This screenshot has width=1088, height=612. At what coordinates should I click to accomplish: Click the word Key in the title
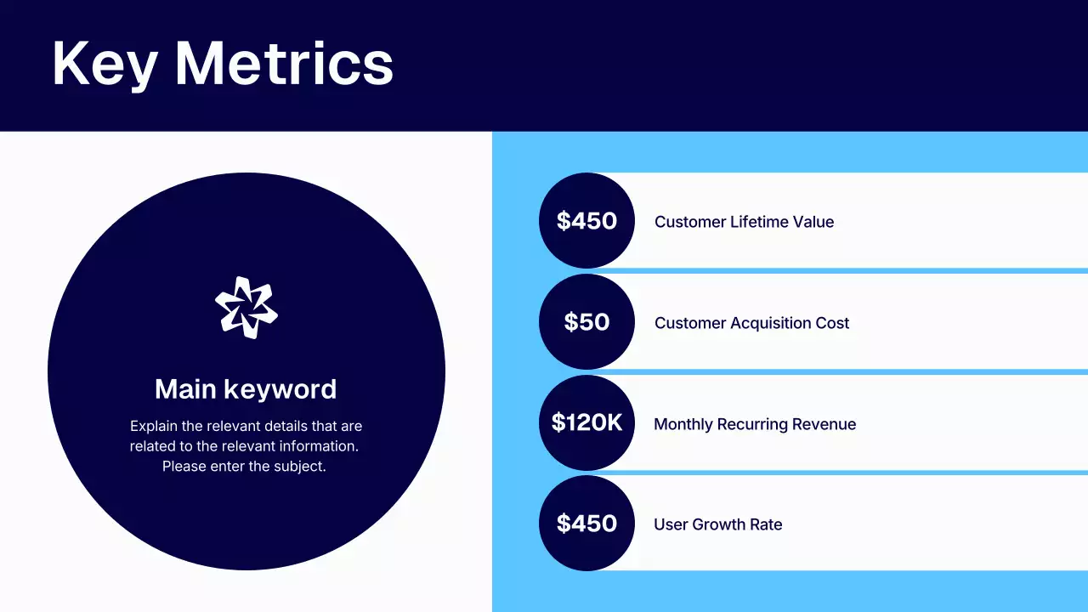click(104, 65)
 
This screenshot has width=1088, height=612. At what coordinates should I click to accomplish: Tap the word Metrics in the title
click(284, 65)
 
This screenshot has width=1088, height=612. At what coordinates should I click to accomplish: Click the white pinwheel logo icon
click(246, 308)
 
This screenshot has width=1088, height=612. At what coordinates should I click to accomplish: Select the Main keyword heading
click(246, 389)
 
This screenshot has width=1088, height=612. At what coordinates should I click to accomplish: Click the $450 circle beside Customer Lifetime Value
click(586, 221)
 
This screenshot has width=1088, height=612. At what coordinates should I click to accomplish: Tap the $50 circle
click(586, 322)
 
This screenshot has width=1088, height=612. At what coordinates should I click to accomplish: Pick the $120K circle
click(586, 422)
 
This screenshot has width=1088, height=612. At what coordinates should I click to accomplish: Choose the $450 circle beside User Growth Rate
click(586, 524)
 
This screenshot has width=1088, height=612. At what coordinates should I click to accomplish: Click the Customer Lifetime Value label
click(744, 222)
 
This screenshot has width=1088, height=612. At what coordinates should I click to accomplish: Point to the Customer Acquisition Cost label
click(751, 323)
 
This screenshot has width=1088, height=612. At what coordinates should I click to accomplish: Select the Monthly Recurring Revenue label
click(754, 424)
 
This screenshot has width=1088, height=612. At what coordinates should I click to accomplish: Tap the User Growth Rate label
click(717, 524)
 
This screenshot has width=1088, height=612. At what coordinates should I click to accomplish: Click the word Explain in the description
click(155, 426)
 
